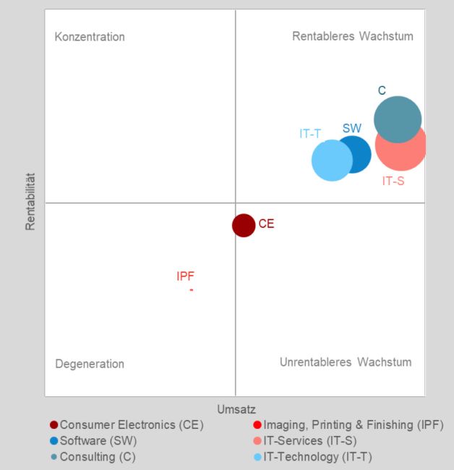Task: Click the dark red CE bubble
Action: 244,225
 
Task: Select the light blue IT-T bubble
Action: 331,161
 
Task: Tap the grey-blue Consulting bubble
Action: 397,119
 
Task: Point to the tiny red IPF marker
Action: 192,290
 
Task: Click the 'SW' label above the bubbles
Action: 352,128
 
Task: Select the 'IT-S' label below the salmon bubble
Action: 393,181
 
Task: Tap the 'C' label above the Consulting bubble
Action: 382,90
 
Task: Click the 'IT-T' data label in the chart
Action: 310,133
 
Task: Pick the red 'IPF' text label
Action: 186,276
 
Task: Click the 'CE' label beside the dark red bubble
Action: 266,224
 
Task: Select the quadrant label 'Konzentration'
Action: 90,37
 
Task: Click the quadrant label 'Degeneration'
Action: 90,364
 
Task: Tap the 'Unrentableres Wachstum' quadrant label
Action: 346,362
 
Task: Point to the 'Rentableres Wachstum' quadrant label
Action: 353,36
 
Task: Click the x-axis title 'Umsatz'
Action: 236,409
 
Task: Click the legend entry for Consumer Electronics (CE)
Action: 127,425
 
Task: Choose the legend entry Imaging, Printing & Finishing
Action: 348,425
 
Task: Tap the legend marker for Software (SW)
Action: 54,440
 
